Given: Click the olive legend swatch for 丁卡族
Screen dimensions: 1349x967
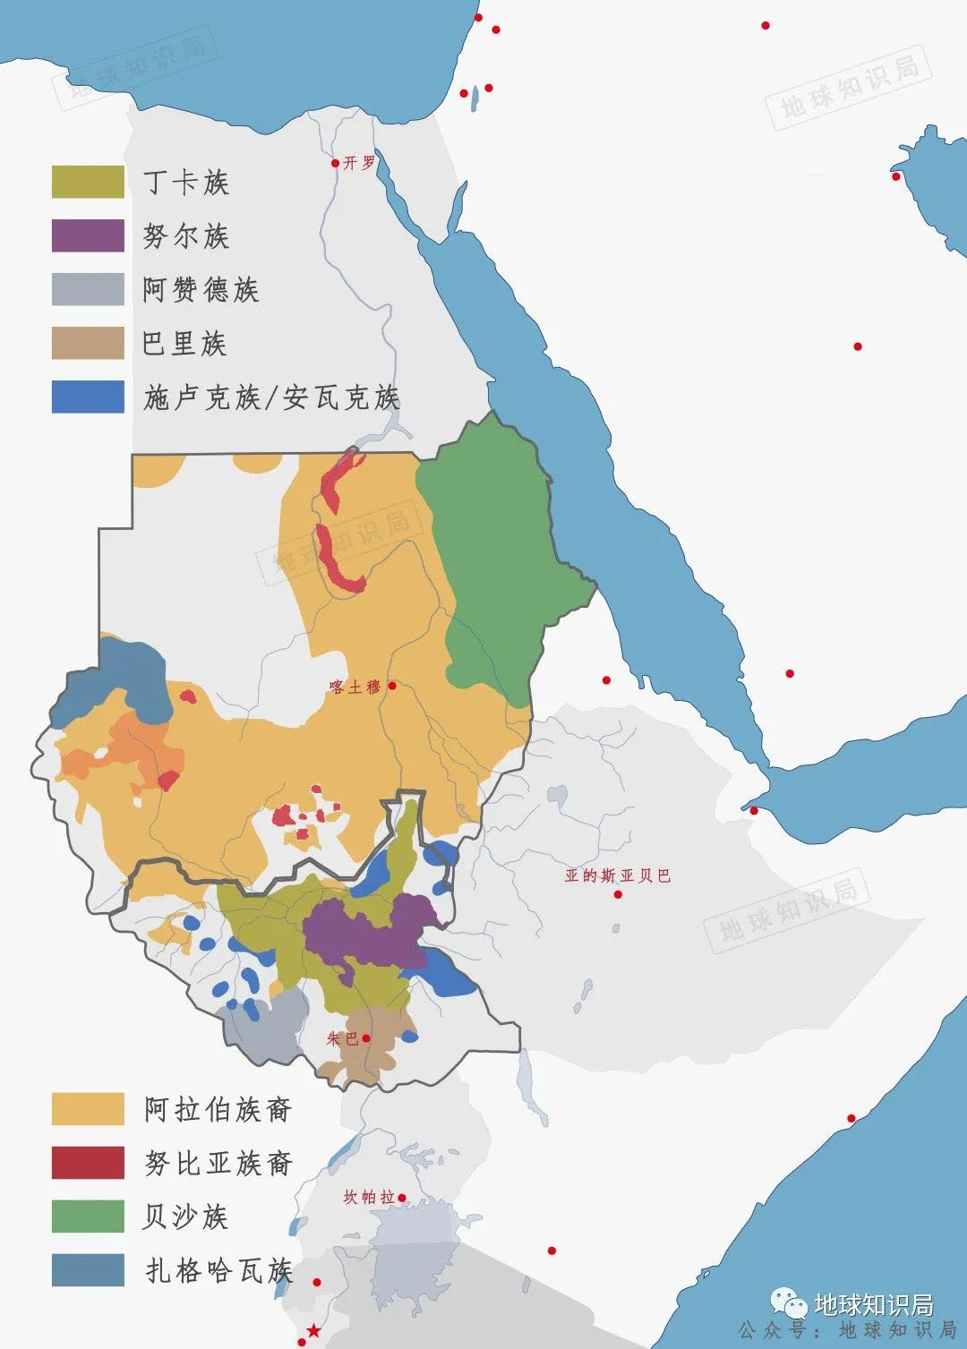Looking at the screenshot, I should click(x=88, y=182).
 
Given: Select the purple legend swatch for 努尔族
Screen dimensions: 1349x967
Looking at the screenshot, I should click(x=88, y=235).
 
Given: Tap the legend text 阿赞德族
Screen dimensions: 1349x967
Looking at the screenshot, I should click(x=201, y=289).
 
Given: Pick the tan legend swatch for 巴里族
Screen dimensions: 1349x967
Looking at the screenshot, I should click(x=88, y=343).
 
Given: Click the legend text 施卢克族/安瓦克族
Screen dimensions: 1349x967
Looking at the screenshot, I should click(x=271, y=397).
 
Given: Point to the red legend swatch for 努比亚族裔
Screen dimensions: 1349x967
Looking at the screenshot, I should click(x=88, y=1162).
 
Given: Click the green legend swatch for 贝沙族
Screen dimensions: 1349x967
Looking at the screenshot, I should click(x=88, y=1216).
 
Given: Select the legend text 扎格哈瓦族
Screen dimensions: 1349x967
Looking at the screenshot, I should click(x=219, y=1269).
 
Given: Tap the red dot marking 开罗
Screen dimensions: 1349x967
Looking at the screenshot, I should click(x=336, y=163).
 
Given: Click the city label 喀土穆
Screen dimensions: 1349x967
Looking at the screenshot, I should click(x=355, y=687).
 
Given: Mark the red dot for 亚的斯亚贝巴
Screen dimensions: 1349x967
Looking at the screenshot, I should click(x=618, y=893).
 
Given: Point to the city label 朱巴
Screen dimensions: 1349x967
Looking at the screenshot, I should click(x=342, y=1038).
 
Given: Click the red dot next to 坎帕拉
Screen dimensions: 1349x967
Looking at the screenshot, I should click(x=402, y=1198).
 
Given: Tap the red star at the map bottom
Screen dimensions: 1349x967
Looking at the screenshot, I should click(x=313, y=1331).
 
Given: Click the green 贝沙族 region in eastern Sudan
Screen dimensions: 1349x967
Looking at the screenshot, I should click(x=492, y=555).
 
